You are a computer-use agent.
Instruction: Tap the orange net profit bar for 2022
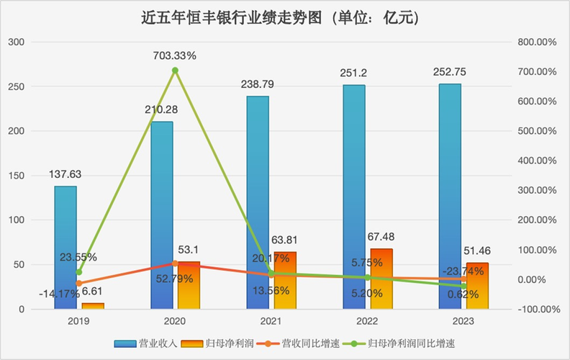coord(381,279)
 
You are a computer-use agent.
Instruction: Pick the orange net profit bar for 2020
coord(188,285)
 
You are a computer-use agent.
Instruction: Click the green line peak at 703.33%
coord(175,71)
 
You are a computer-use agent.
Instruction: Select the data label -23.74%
coord(464,271)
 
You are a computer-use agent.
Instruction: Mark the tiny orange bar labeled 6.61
coord(92,306)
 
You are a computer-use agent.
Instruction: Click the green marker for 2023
coord(463,287)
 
